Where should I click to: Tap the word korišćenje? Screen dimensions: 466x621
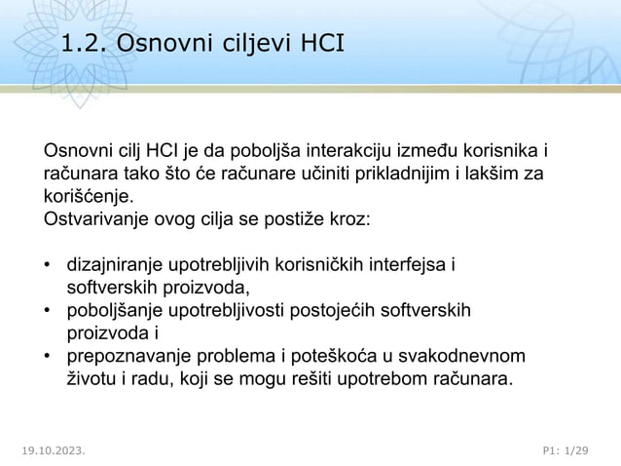[x=86, y=195]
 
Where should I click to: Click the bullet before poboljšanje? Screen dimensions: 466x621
[x=47, y=311]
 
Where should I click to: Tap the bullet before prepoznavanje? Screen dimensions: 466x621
[x=47, y=356]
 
